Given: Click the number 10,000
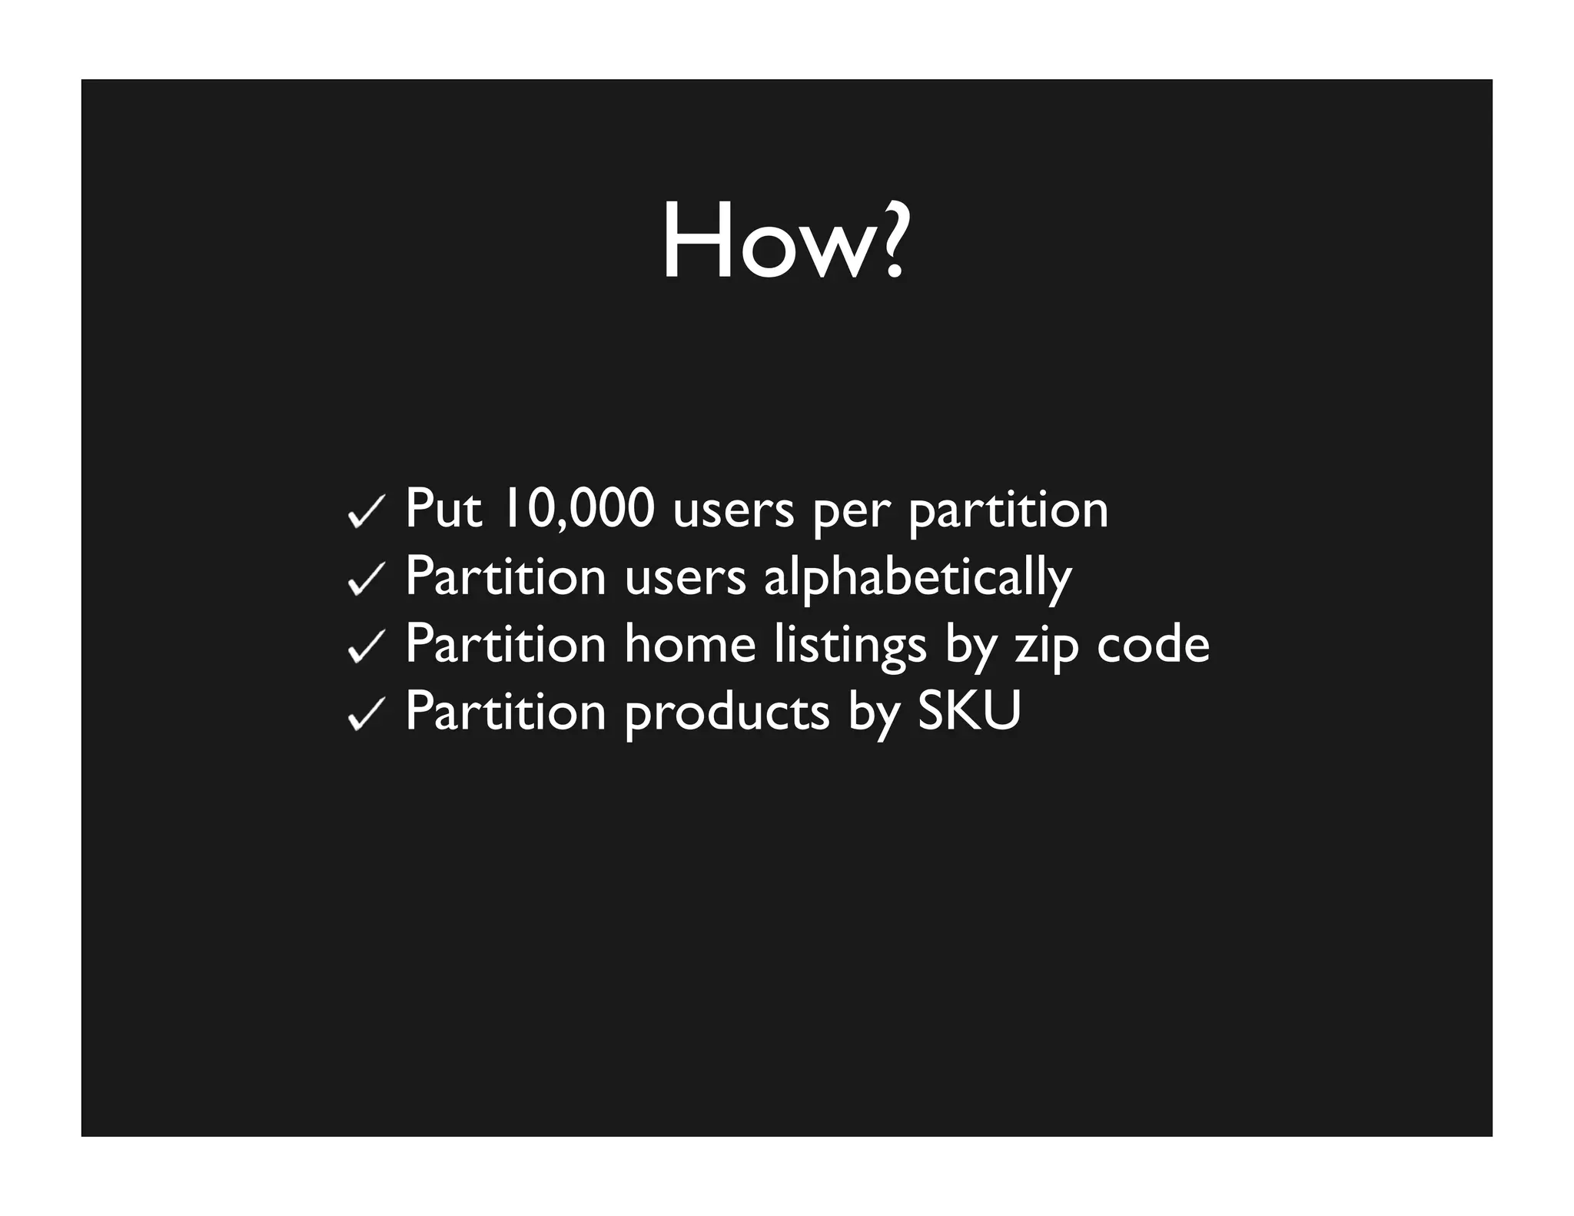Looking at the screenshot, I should [x=578, y=509].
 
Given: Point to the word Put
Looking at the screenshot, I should [x=443, y=509].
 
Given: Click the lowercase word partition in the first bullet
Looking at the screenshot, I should [x=1008, y=510].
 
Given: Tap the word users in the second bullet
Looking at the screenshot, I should [x=686, y=578].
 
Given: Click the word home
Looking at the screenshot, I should [x=689, y=644].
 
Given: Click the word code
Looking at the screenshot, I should [x=1152, y=644].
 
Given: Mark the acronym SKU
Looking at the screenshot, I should [x=969, y=711].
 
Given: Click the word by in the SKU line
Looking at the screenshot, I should [x=873, y=713].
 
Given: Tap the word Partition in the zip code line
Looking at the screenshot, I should [x=506, y=644].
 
